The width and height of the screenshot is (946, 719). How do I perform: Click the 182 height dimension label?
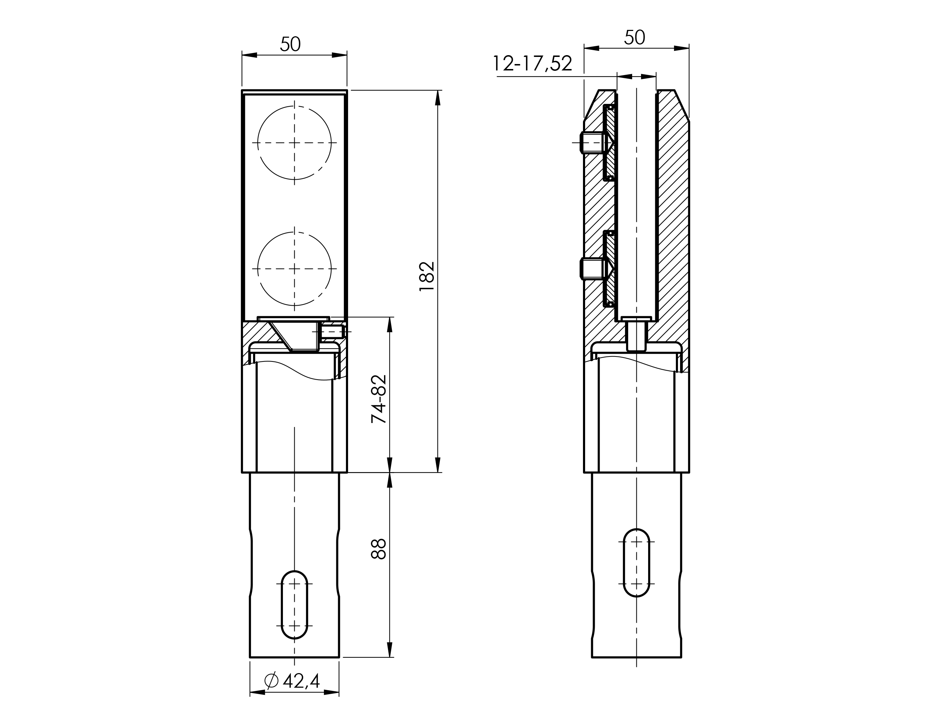click(x=427, y=276)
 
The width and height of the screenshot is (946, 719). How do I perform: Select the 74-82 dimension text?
click(x=379, y=399)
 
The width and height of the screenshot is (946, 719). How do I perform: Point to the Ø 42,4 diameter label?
click(x=292, y=680)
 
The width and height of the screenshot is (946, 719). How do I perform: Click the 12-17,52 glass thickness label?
click(x=532, y=63)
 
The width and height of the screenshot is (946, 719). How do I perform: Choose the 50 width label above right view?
click(x=634, y=37)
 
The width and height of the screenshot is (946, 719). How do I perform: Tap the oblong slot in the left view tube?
click(x=281, y=605)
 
